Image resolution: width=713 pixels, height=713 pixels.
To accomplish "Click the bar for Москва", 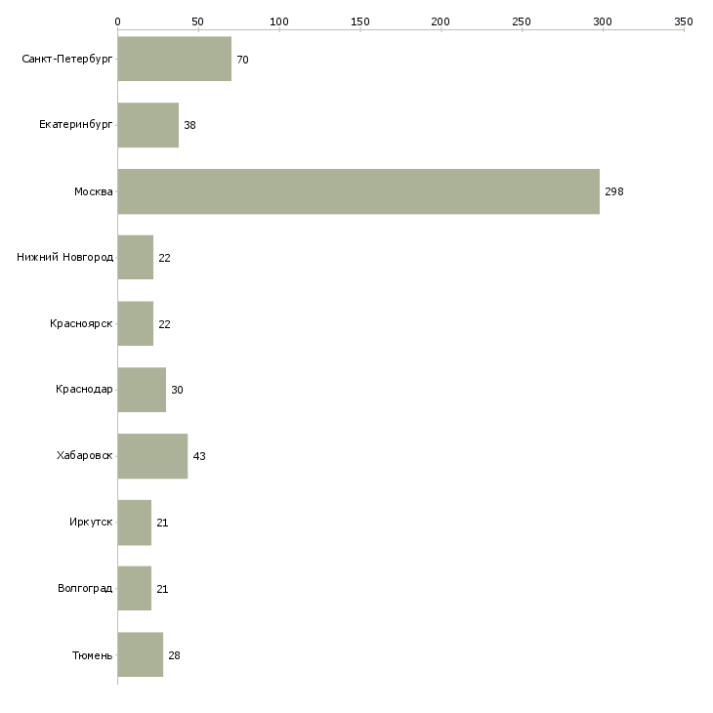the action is point(358,191).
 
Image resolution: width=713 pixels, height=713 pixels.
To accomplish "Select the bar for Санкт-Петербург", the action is point(175,59).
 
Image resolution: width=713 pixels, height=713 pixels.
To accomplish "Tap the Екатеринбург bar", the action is point(148,125).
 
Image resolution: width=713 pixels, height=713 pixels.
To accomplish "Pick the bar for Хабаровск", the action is point(152,456).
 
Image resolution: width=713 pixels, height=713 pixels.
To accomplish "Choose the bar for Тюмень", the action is point(141,654).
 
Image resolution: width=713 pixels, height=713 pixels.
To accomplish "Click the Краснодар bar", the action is point(142,390).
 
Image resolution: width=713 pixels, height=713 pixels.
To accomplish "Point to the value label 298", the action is point(614,191).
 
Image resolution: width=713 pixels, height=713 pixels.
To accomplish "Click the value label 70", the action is point(242,60).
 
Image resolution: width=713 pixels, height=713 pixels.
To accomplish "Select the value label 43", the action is point(199,456).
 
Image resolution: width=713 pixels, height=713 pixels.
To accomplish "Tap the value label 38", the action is point(189,125).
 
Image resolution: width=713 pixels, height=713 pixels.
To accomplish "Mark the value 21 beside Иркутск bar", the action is point(162,523).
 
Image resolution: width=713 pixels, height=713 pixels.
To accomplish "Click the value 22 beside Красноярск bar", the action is point(164,324).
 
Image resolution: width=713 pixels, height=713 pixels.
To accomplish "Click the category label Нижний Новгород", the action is point(65,258).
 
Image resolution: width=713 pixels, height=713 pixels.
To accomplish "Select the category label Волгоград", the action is point(85,588).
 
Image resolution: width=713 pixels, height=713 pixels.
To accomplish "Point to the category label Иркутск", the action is point(91,522).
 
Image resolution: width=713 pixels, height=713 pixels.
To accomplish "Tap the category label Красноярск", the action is point(81,323).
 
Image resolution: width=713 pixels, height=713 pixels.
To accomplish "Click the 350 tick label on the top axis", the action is point(684,21).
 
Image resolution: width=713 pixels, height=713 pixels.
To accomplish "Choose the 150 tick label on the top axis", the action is point(360,21).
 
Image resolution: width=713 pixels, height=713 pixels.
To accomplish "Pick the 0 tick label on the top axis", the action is point(118,21).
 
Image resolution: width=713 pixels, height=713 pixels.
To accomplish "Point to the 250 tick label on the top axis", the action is point(522,21).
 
